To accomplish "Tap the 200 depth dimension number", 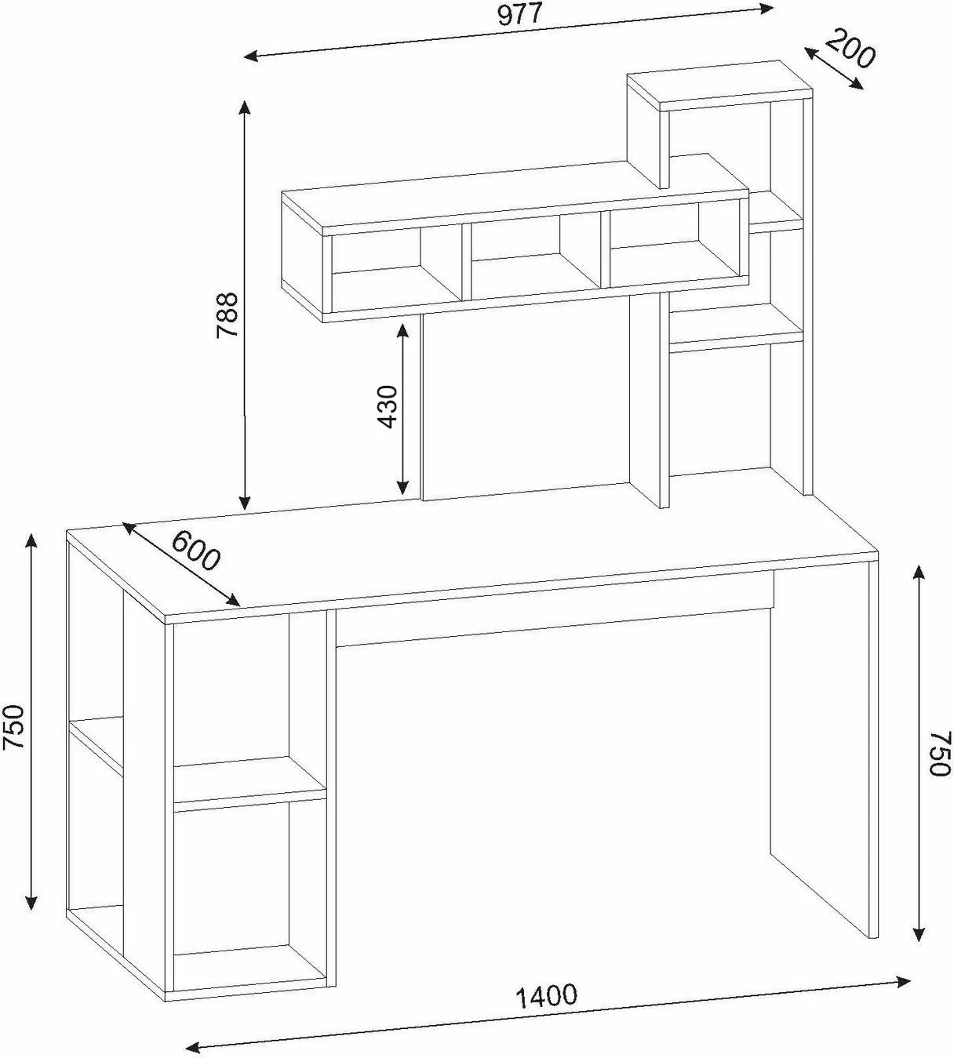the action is click(850, 49).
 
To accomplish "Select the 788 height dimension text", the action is click(228, 314).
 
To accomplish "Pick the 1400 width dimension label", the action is click(545, 994).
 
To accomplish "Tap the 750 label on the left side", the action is click(13, 726).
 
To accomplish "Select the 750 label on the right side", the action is click(940, 753).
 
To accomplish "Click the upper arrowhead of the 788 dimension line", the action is click(244, 108).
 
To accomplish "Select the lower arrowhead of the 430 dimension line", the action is click(402, 487).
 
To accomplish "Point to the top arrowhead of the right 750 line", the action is click(919, 575).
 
